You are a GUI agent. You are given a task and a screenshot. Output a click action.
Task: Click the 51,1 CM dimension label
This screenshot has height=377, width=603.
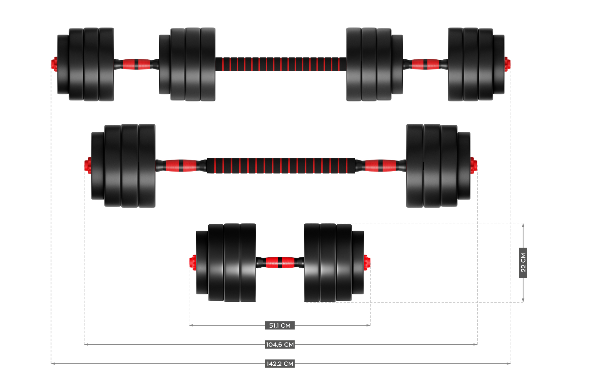coord(280,325)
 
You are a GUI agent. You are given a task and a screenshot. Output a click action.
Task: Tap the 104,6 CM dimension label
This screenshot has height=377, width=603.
coord(280,345)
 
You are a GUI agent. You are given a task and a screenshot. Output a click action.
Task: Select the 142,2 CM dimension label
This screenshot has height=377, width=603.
coord(280,364)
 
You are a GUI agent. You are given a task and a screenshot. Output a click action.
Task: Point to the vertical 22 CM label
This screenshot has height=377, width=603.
coord(523,263)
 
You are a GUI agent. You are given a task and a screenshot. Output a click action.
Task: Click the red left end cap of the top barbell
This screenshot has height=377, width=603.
coord(54,64)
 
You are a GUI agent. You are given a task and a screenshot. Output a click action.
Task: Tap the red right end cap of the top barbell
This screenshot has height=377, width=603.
coord(508,64)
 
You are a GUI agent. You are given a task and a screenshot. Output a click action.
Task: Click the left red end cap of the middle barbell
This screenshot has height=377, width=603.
coord(88,166)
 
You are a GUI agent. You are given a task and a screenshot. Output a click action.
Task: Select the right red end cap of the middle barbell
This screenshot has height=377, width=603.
coord(474,166)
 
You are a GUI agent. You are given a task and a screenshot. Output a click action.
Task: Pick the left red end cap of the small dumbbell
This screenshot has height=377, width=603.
coord(193,263)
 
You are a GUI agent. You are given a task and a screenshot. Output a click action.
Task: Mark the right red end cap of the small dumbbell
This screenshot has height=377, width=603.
coord(367,263)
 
